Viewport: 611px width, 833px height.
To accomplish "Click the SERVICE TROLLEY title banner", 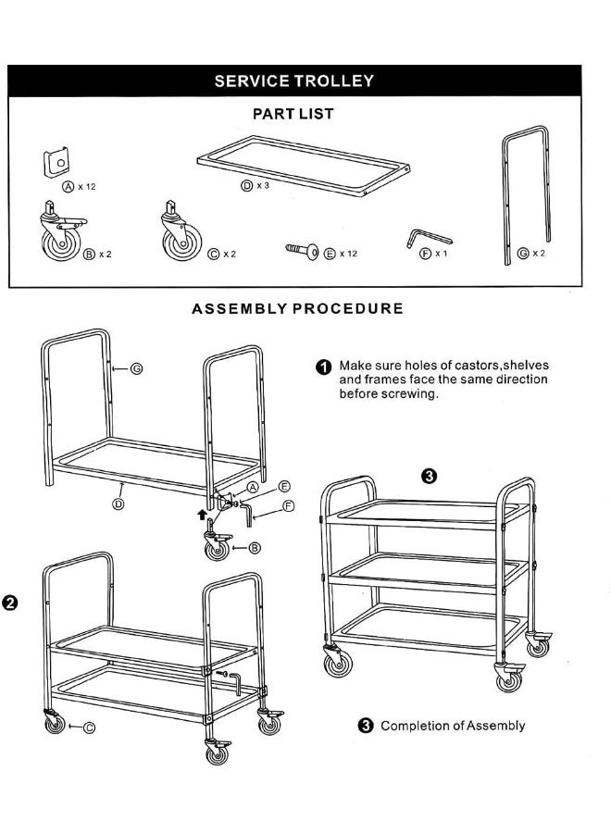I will pos(294,81).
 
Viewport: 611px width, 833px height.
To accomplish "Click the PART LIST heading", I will pos(293,114).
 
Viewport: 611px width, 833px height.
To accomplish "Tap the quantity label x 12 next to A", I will pos(87,186).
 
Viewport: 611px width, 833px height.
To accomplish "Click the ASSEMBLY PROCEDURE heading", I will pos(297,308).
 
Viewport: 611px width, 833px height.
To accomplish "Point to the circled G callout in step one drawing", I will pos(136,368).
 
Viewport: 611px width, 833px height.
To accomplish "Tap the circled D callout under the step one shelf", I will pos(118,504).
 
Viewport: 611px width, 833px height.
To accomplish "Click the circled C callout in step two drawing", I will pos(89,727).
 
